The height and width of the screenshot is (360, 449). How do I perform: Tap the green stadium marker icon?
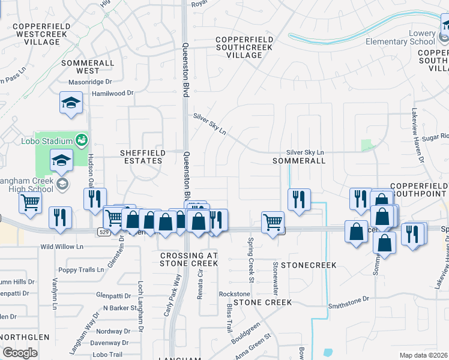pyautogui.click(x=82, y=141)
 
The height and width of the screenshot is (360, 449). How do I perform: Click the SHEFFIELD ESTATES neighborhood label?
pyautogui.click(x=142, y=157)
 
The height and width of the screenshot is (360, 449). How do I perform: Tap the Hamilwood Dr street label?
pyautogui.click(x=112, y=94)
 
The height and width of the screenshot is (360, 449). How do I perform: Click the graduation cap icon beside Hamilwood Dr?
pyautogui.click(x=71, y=103)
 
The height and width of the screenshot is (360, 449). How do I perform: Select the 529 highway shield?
pyautogui.click(x=103, y=230)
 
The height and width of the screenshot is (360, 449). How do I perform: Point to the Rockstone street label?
pyautogui.click(x=234, y=294)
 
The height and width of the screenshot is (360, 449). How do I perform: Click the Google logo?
pyautogui.click(x=20, y=353)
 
